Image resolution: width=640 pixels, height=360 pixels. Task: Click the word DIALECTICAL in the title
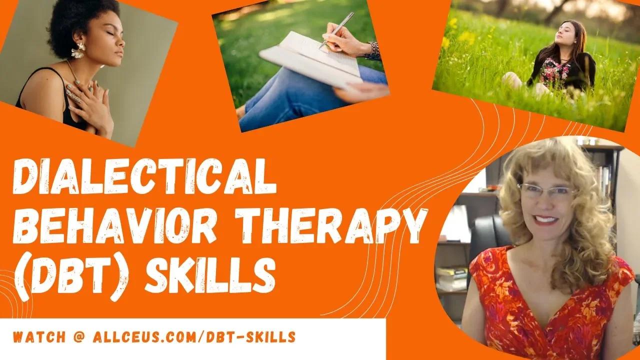pos(145,177)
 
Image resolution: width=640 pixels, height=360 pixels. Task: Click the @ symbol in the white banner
pos(81,337)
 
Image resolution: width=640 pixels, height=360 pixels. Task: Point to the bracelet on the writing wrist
pos(372,50)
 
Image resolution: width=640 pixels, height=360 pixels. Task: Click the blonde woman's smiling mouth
pos(547,219)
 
